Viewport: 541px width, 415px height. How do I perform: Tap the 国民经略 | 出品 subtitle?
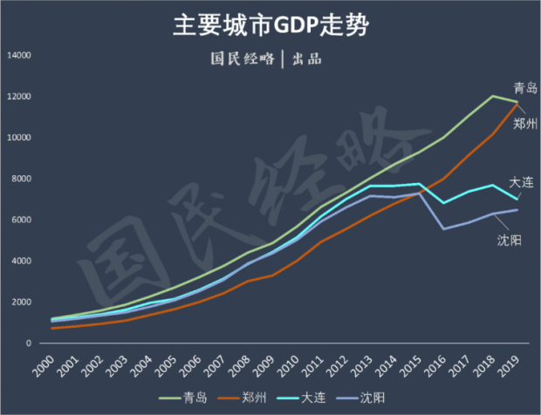tap(270, 59)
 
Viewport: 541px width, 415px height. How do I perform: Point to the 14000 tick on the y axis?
tap(19, 56)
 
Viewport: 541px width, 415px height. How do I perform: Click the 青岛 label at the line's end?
tap(525, 87)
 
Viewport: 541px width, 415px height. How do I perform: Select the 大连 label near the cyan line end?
tap(522, 181)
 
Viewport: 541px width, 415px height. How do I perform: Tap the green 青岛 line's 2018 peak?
tap(494, 96)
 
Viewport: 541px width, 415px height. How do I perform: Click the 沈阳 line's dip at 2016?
tap(445, 228)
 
